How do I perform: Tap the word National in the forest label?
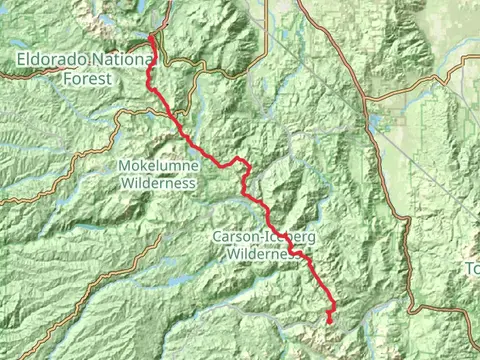coord(121,61)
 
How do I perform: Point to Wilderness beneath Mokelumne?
coord(158,183)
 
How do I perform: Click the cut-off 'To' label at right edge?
coord(472,268)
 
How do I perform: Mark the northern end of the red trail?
coord(151,37)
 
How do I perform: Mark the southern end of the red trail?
coord(328,322)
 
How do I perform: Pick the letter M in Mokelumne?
coord(125,166)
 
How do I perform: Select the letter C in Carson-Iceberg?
coord(218,238)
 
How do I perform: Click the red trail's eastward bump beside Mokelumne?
coord(240,160)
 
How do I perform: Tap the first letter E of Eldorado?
coord(22,61)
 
